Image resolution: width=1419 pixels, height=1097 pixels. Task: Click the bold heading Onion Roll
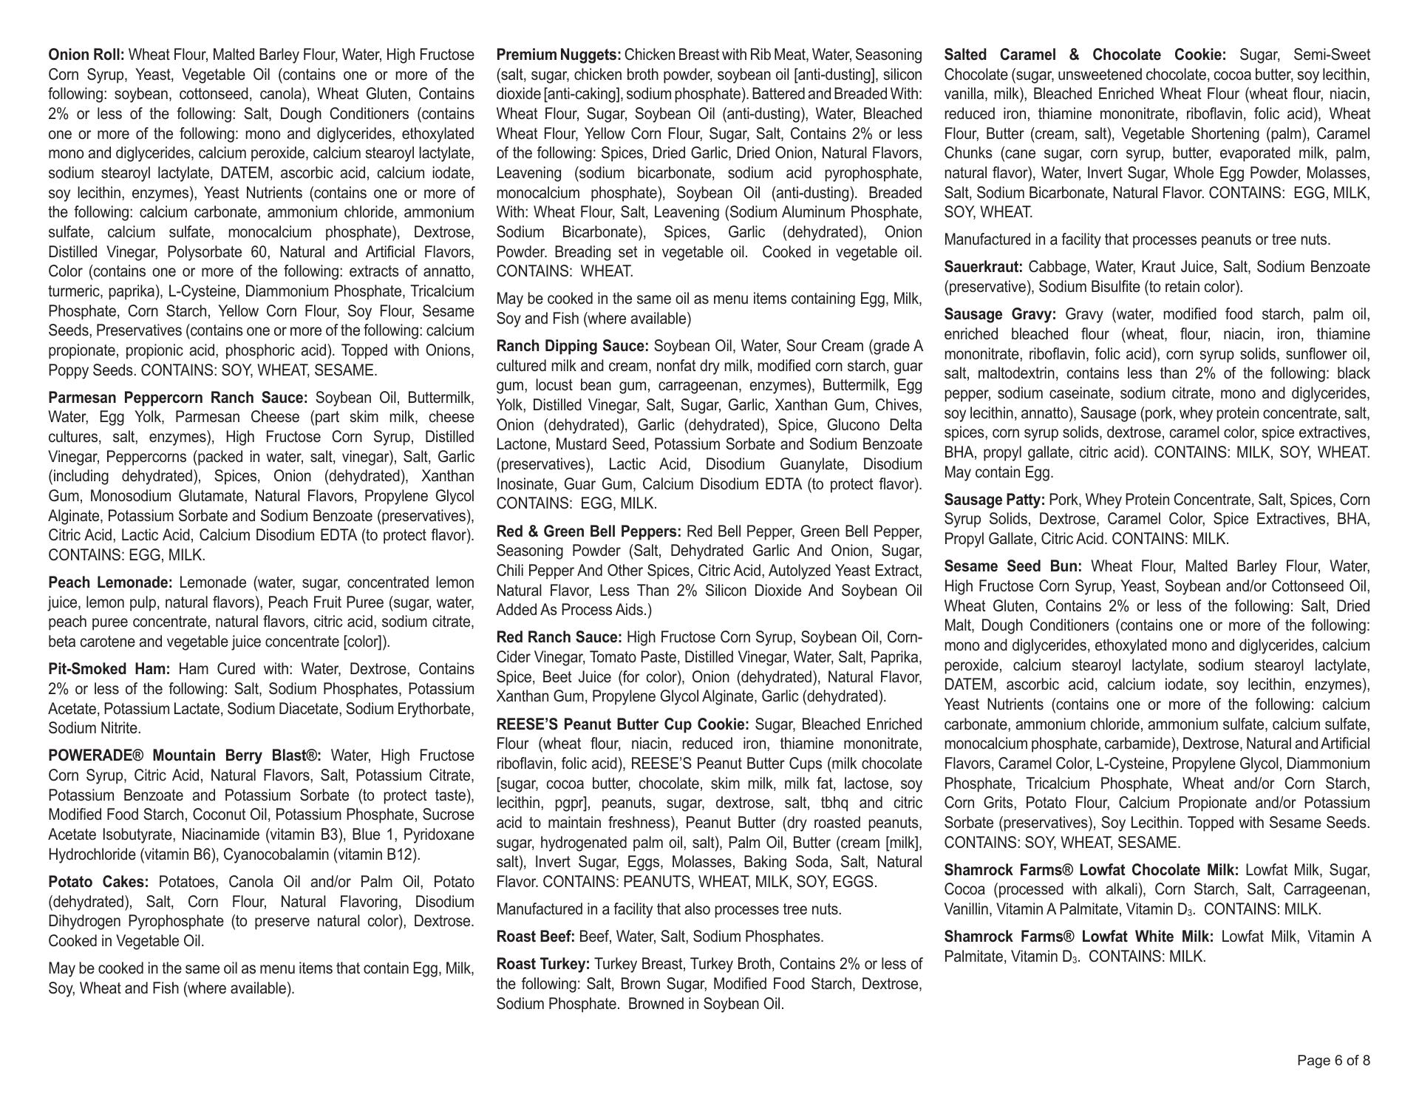[86, 55]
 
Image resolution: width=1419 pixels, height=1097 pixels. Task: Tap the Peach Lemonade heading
[110, 583]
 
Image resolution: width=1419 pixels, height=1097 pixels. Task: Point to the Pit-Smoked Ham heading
[109, 669]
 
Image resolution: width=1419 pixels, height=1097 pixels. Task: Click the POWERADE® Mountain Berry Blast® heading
[185, 755]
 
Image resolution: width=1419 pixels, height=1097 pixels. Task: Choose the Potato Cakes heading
[98, 882]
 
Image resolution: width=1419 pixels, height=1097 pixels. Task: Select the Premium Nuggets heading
[559, 55]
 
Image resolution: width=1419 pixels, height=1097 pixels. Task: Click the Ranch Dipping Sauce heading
[572, 346]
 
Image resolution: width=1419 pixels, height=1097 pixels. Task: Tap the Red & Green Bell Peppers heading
[589, 531]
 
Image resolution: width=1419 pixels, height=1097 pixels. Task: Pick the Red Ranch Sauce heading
[559, 637]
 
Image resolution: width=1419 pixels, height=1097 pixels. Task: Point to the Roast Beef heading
[535, 937]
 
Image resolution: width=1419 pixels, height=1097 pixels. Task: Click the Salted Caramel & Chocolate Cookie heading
[1085, 55]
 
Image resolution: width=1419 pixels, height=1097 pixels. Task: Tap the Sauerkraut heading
[983, 267]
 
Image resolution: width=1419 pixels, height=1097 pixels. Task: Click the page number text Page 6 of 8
[1333, 1061]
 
